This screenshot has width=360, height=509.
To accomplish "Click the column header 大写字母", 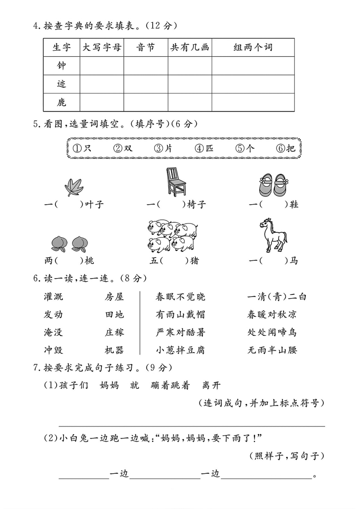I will click(102, 47).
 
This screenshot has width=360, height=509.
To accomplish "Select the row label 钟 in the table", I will click(61, 66).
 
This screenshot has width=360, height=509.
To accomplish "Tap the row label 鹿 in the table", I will click(61, 103).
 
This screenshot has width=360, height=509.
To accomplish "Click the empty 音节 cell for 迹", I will click(146, 84).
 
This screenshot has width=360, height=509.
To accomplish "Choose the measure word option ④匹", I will click(205, 148).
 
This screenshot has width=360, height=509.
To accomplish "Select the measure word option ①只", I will click(82, 148).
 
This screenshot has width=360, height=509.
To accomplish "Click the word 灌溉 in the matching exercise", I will click(54, 297).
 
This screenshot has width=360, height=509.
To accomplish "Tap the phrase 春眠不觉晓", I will click(180, 297).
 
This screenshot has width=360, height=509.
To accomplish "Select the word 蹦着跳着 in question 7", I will click(172, 386).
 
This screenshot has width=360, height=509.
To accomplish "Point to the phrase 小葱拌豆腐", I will click(180, 350).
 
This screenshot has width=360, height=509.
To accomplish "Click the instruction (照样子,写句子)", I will click(287, 456).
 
